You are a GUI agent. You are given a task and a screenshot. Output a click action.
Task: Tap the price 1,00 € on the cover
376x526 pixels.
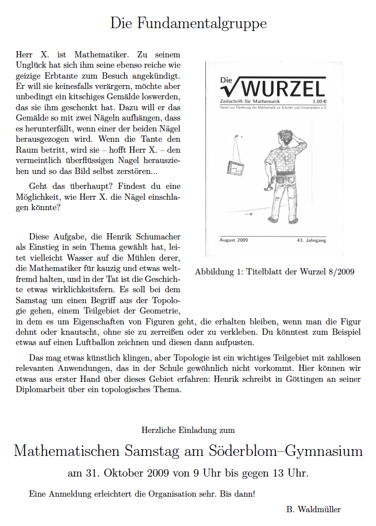[316, 101]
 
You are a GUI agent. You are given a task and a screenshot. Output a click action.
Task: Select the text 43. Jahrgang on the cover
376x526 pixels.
[311, 240]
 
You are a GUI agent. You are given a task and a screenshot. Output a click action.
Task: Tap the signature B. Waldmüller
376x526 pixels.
[313, 509]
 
